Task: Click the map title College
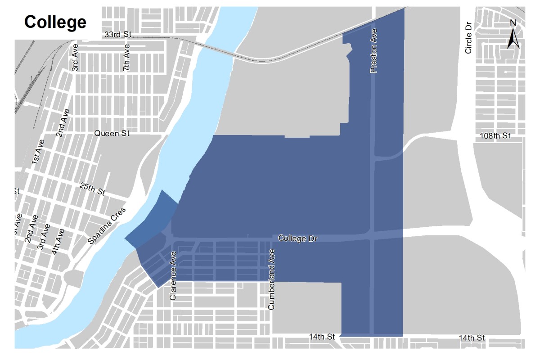tap(55, 21)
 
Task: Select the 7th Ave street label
tap(127, 57)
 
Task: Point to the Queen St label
tap(112, 133)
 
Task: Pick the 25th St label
tap(92, 189)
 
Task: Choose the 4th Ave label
tap(58, 242)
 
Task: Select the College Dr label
tap(298, 238)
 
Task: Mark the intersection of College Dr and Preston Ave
tap(372, 236)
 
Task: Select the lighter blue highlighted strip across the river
tap(152, 218)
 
